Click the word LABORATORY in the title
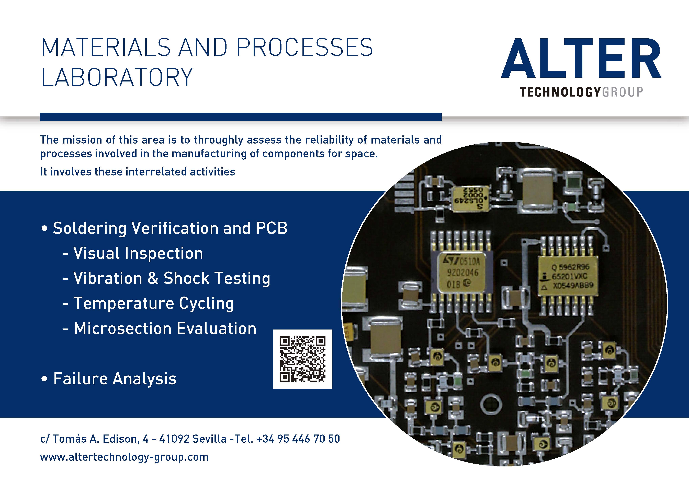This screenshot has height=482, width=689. (117, 77)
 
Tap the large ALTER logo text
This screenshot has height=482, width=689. (581, 58)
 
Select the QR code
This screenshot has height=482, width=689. (302, 359)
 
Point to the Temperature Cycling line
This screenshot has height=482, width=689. (148, 303)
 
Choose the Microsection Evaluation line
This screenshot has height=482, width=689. (159, 328)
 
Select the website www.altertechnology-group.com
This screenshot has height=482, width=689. (124, 457)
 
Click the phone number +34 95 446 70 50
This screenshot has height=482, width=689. (298, 439)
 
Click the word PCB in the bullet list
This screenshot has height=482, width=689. (272, 228)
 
